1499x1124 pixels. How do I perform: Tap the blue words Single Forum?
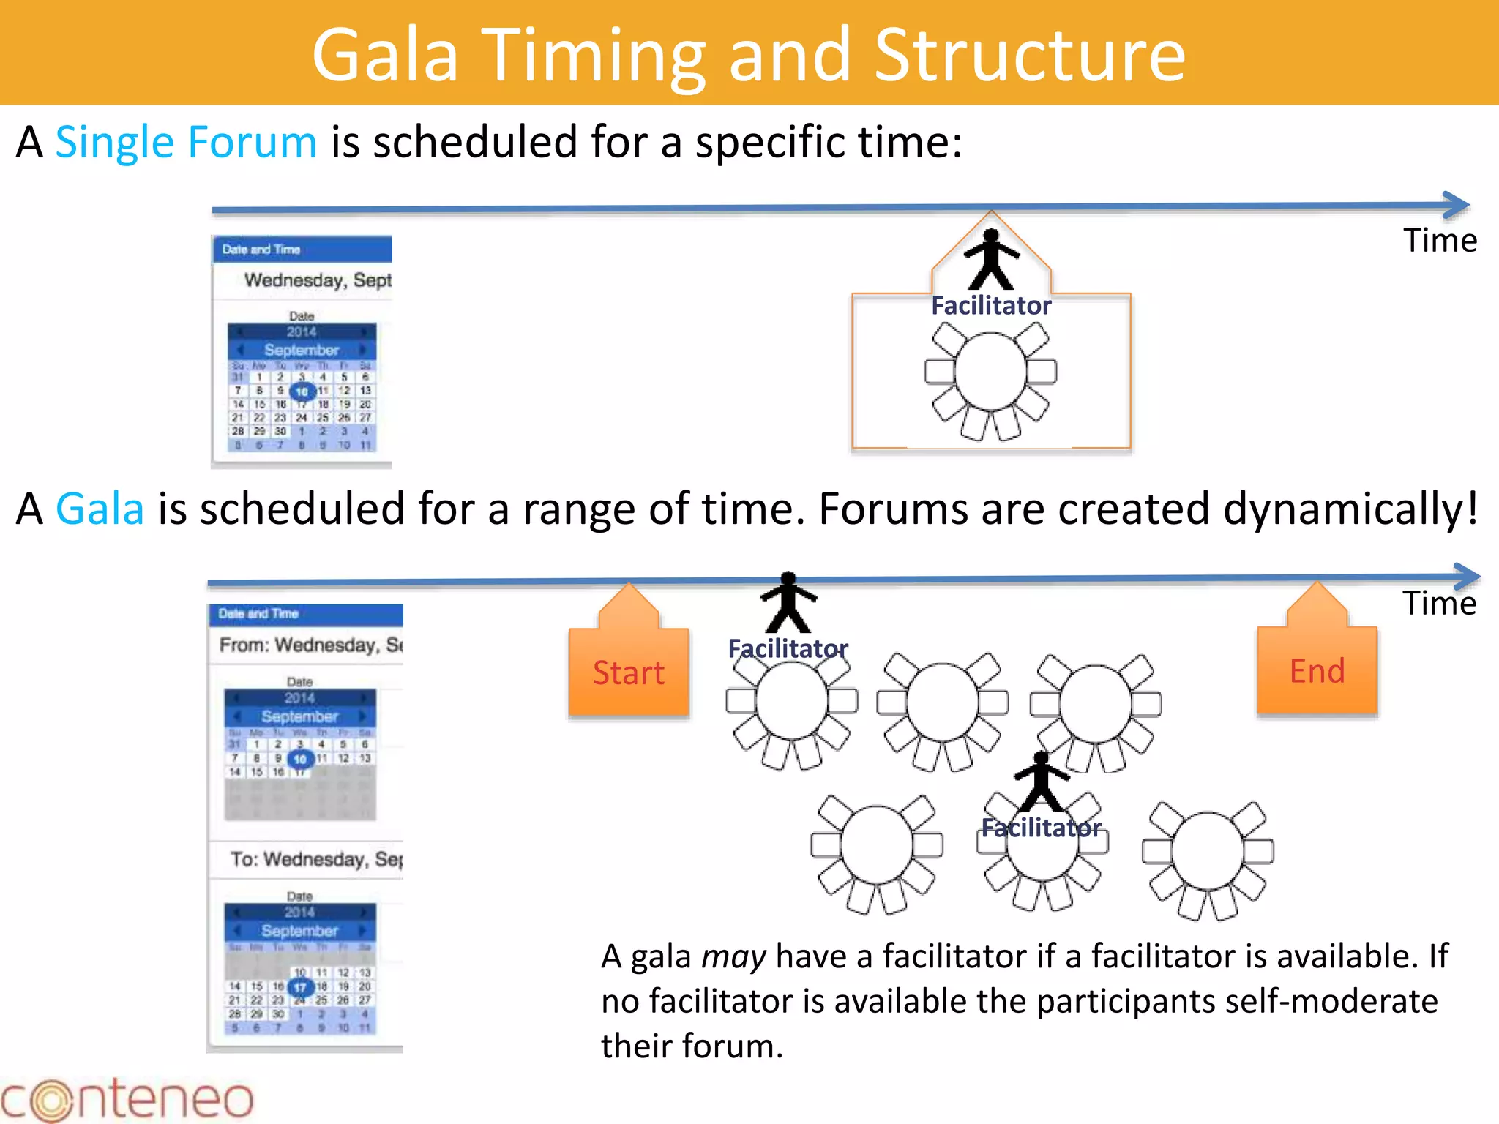click(186, 142)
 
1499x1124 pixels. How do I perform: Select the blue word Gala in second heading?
click(100, 509)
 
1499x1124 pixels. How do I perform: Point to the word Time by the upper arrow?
click(1440, 241)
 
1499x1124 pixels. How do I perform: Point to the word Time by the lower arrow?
click(1439, 604)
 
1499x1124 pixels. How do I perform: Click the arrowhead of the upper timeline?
click(1459, 206)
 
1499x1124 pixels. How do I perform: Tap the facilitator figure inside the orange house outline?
click(991, 259)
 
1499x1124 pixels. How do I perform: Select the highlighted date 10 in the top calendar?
click(302, 391)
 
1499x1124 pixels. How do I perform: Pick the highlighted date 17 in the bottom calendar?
click(299, 987)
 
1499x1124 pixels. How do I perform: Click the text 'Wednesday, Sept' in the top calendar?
click(318, 280)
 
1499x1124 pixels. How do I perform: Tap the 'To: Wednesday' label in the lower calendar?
click(316, 859)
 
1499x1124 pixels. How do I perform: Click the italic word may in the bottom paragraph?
click(733, 957)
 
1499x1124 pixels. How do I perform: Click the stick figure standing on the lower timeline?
click(788, 602)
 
